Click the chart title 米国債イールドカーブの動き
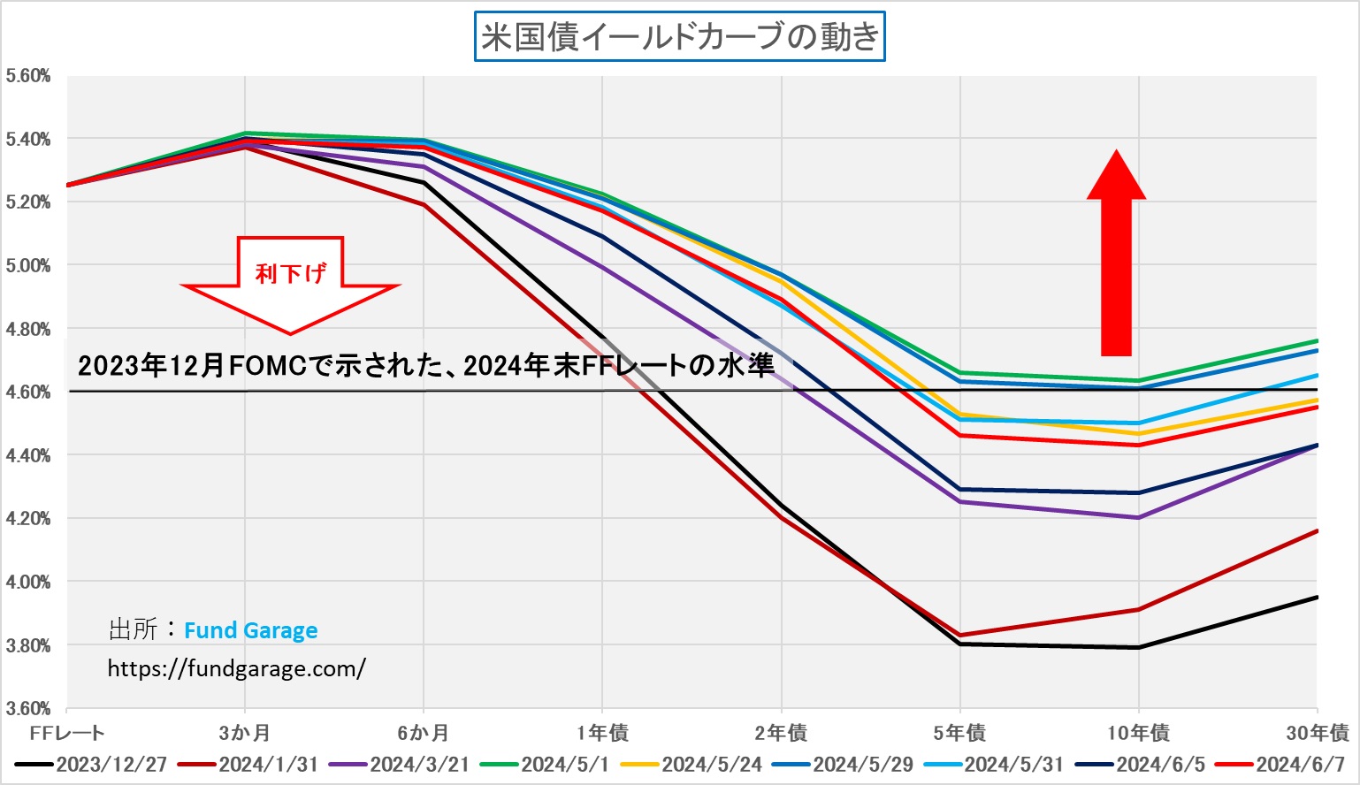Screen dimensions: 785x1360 point(679,37)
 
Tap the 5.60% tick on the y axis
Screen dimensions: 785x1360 point(28,76)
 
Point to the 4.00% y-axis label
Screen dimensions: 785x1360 point(28,582)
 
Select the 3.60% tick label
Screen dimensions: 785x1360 point(28,708)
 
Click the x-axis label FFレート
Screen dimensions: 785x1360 point(66,733)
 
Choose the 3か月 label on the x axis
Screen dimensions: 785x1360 point(245,733)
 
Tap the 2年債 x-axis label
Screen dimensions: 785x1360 point(781,733)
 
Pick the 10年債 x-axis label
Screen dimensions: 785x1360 point(1138,733)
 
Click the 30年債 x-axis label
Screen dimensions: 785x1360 point(1317,733)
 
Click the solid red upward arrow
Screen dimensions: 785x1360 point(1116,256)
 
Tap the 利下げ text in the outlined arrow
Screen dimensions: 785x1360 point(291,273)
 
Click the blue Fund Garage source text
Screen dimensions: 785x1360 point(250,630)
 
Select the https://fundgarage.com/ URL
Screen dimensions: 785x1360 point(236,668)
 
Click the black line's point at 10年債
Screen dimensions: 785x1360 point(1138,647)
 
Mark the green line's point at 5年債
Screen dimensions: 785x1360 point(960,373)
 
